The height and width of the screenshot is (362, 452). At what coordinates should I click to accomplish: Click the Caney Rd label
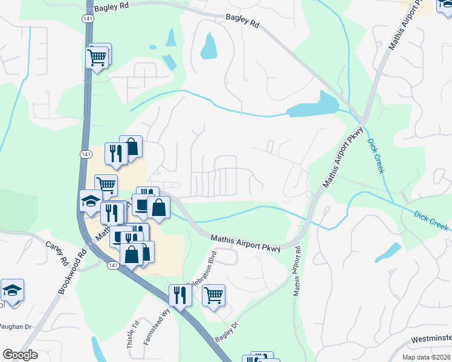point(56,254)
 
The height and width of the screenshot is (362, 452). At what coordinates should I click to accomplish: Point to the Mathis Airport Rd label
point(297,270)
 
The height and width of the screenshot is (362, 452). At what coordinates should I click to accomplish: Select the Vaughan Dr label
point(15,326)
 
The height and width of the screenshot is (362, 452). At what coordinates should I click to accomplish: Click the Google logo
point(20,355)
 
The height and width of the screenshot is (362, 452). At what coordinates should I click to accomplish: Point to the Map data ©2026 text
point(426,357)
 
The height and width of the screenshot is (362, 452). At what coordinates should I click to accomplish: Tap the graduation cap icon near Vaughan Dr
point(11,290)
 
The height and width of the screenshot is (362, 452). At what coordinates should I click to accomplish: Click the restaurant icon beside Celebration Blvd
point(180,295)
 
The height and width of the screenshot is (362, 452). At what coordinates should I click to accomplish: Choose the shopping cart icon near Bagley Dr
point(213,295)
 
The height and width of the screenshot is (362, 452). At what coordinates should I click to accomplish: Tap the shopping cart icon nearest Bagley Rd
point(98,57)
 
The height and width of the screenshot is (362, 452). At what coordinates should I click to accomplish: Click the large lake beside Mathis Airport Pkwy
point(312,106)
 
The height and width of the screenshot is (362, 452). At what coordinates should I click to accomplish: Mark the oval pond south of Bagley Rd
point(208,46)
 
